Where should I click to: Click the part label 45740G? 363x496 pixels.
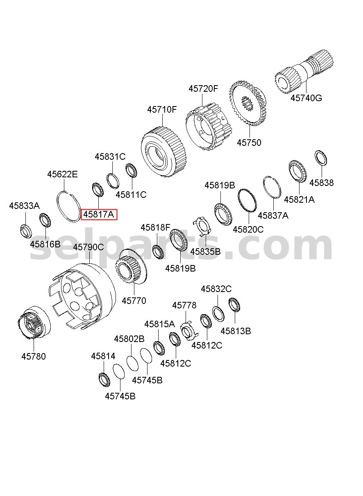point(306,98)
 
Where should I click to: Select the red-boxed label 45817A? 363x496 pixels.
point(99,214)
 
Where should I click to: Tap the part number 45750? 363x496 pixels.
point(249,143)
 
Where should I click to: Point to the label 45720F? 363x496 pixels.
point(203,89)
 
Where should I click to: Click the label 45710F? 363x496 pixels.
point(162,109)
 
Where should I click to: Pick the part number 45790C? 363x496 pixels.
point(88,247)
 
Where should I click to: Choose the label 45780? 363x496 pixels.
point(34,356)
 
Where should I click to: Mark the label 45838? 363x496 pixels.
point(321,183)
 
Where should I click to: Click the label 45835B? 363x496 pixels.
point(205,251)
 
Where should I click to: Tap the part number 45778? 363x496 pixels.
point(184,306)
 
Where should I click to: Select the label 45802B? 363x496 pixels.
point(129,339)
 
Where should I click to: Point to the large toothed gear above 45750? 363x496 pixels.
point(247,104)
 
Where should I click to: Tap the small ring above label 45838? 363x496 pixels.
point(321,158)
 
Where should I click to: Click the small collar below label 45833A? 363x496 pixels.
point(26,231)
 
